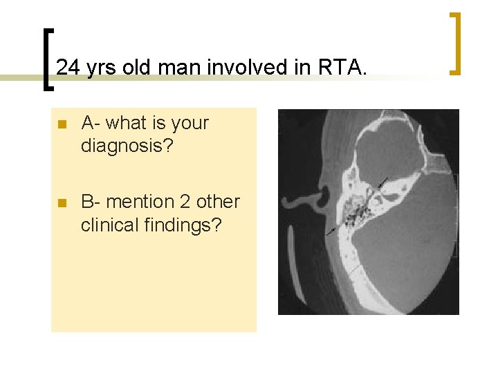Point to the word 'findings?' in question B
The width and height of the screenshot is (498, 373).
(x=187, y=225)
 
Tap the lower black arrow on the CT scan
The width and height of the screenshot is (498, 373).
(x=333, y=229)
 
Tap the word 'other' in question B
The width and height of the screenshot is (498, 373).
(x=218, y=202)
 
